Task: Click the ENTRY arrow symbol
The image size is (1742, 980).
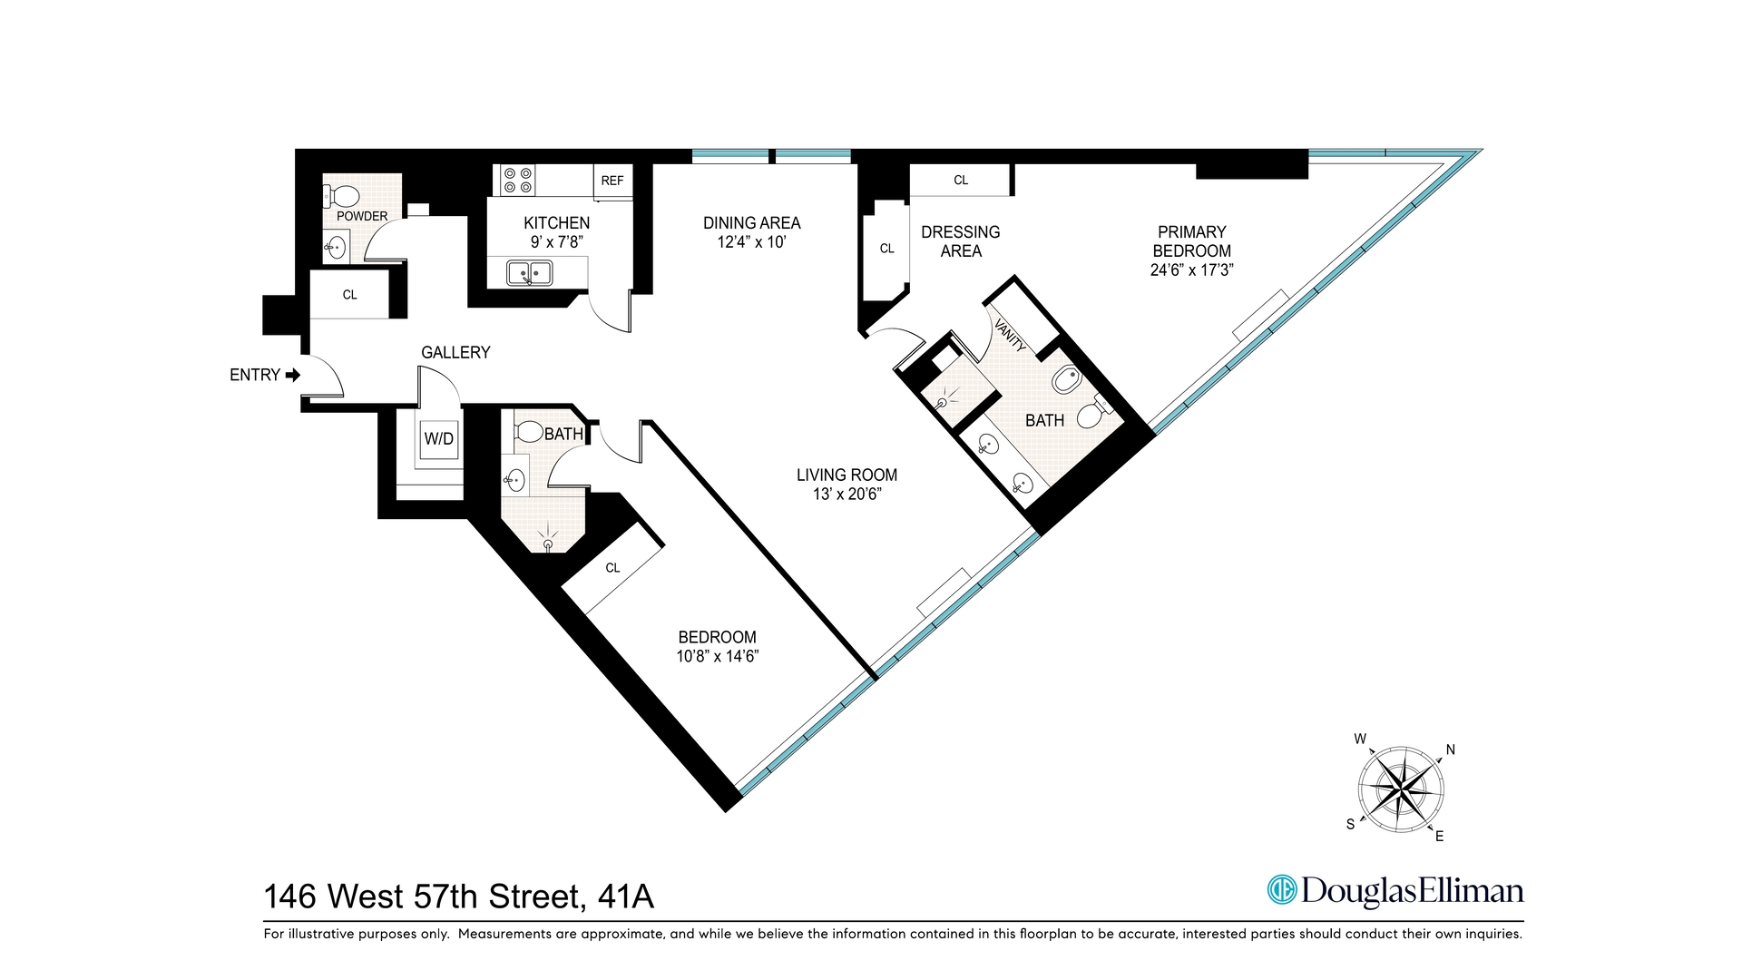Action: (x=293, y=375)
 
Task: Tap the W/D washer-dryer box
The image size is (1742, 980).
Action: (x=439, y=439)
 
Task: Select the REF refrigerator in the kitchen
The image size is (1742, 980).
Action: (x=612, y=181)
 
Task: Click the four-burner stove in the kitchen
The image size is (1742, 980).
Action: (x=517, y=180)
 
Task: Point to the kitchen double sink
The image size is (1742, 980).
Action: (x=530, y=272)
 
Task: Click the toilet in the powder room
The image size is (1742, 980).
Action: (x=343, y=195)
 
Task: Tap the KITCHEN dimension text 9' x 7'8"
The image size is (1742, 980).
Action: (x=556, y=242)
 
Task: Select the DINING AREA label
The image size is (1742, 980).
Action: (x=751, y=222)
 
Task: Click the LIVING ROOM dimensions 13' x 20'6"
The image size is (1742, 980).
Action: (x=847, y=495)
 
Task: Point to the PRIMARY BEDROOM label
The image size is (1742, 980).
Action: (x=1191, y=241)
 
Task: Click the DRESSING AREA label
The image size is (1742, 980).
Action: (x=960, y=241)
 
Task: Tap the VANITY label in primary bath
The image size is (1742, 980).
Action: (x=1011, y=335)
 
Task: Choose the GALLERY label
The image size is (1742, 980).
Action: (x=455, y=352)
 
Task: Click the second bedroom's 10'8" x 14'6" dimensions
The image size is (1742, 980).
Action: (x=717, y=656)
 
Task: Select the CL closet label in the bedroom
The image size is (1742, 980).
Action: (x=612, y=568)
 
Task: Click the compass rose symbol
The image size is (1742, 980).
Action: (x=1401, y=789)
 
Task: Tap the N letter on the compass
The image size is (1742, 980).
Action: (x=1450, y=750)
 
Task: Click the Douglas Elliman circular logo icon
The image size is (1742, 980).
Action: (x=1282, y=890)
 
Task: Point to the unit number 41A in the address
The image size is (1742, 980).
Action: (x=626, y=897)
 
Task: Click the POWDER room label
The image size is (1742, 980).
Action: (x=362, y=216)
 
